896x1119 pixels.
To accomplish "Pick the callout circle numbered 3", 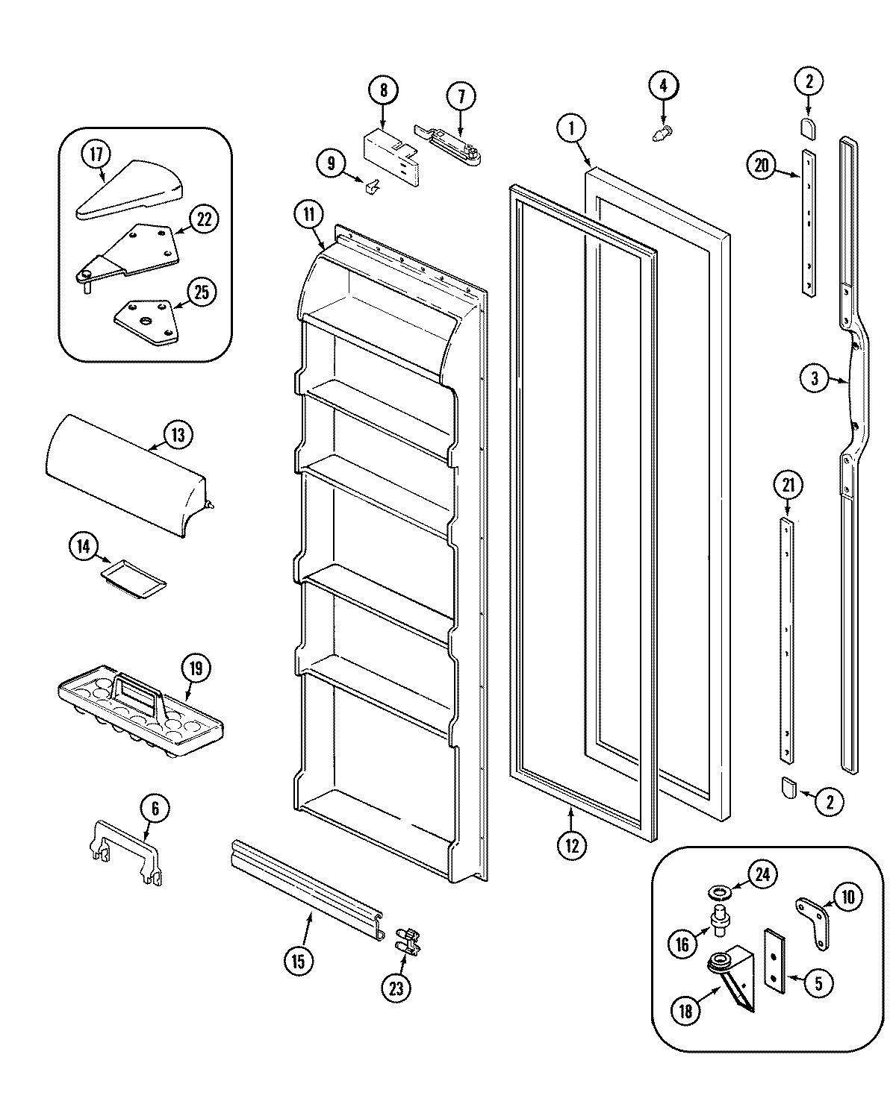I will pos(814,378).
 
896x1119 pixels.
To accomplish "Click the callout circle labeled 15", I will pos(299,961).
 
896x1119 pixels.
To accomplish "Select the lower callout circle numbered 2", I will pos(829,802).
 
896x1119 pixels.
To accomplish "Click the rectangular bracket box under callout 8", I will pos(390,156).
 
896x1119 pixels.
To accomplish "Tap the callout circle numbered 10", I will pos(847,897).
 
